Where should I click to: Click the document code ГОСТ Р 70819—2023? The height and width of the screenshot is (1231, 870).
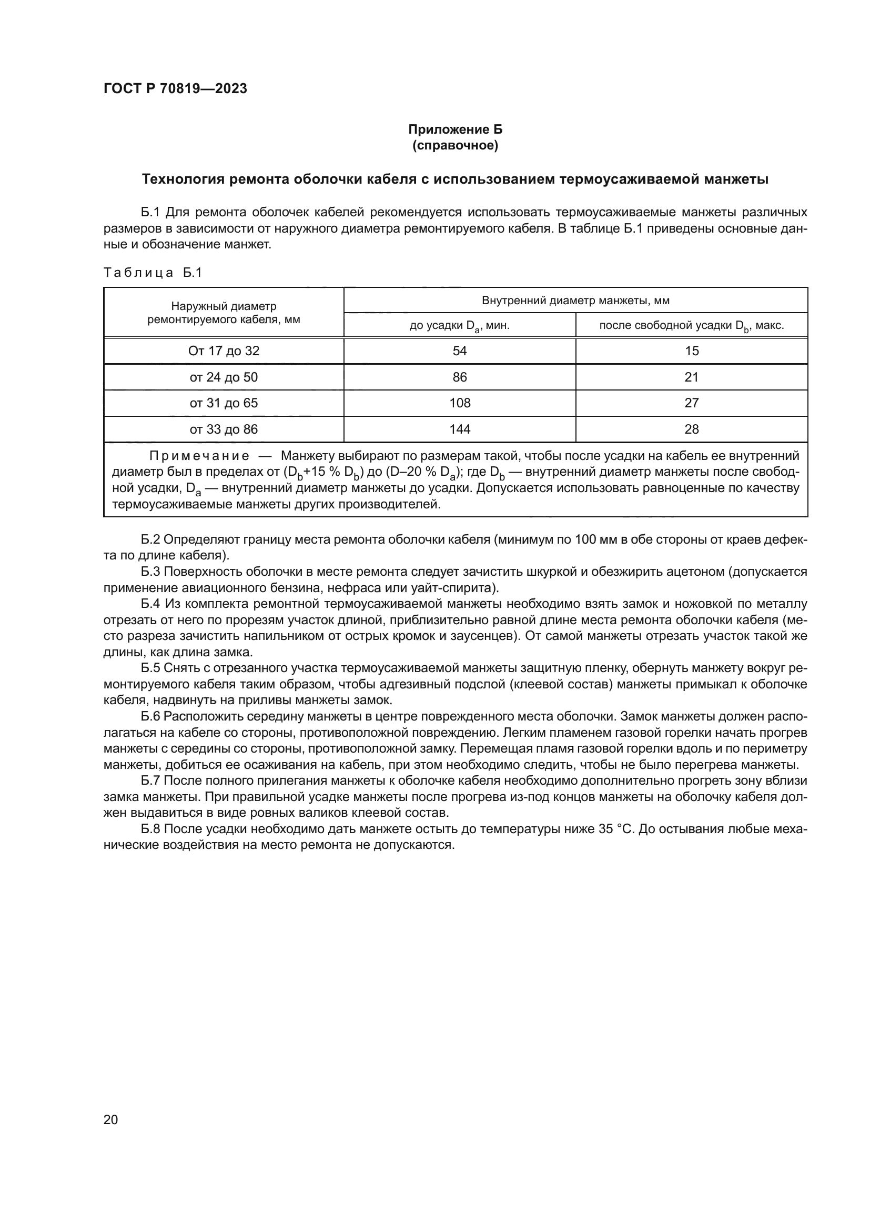click(175, 88)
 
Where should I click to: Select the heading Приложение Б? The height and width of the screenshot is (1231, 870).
click(455, 129)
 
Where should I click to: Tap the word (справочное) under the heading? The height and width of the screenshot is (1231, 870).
click(455, 145)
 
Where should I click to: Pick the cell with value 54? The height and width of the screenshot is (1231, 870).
click(459, 351)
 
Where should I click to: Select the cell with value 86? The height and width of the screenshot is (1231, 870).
click(459, 377)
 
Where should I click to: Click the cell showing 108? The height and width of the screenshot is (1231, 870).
click(459, 403)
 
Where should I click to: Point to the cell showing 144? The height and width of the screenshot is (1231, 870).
click(459, 429)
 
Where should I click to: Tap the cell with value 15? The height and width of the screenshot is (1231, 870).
click(691, 351)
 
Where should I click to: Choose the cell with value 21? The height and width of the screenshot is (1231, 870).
click(691, 377)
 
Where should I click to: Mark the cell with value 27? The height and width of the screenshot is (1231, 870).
click(691, 403)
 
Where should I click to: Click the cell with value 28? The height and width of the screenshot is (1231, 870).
click(691, 429)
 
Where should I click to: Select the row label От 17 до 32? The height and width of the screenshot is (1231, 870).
click(224, 351)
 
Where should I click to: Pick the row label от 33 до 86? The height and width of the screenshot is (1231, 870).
click(224, 429)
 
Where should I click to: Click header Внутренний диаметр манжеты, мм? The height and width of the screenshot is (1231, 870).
click(575, 300)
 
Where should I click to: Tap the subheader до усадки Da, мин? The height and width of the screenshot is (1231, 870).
click(459, 325)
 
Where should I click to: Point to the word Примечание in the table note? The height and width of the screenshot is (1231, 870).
click(199, 456)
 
